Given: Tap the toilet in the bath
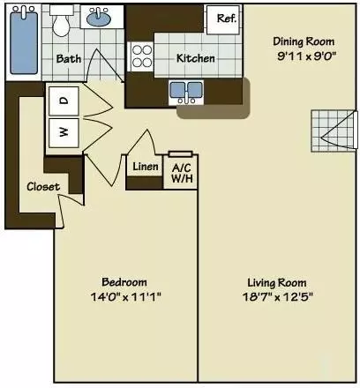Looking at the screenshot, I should tap(61, 24).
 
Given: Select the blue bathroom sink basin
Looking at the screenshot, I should tap(98, 18).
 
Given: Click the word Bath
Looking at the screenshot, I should tap(69, 59).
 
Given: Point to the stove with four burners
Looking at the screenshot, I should tap(142, 56).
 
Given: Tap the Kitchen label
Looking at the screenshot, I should tap(195, 58).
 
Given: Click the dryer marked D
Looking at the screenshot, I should tap(63, 101).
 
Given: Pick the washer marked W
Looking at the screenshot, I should tap(63, 133).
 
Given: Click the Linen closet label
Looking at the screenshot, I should tap(145, 166).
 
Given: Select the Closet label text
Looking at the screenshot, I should tap(42, 186).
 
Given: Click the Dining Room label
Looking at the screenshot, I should tap(304, 41).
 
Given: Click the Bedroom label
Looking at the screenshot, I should tap(124, 281).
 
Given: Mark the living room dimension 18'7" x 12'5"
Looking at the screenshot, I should tap(279, 296).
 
